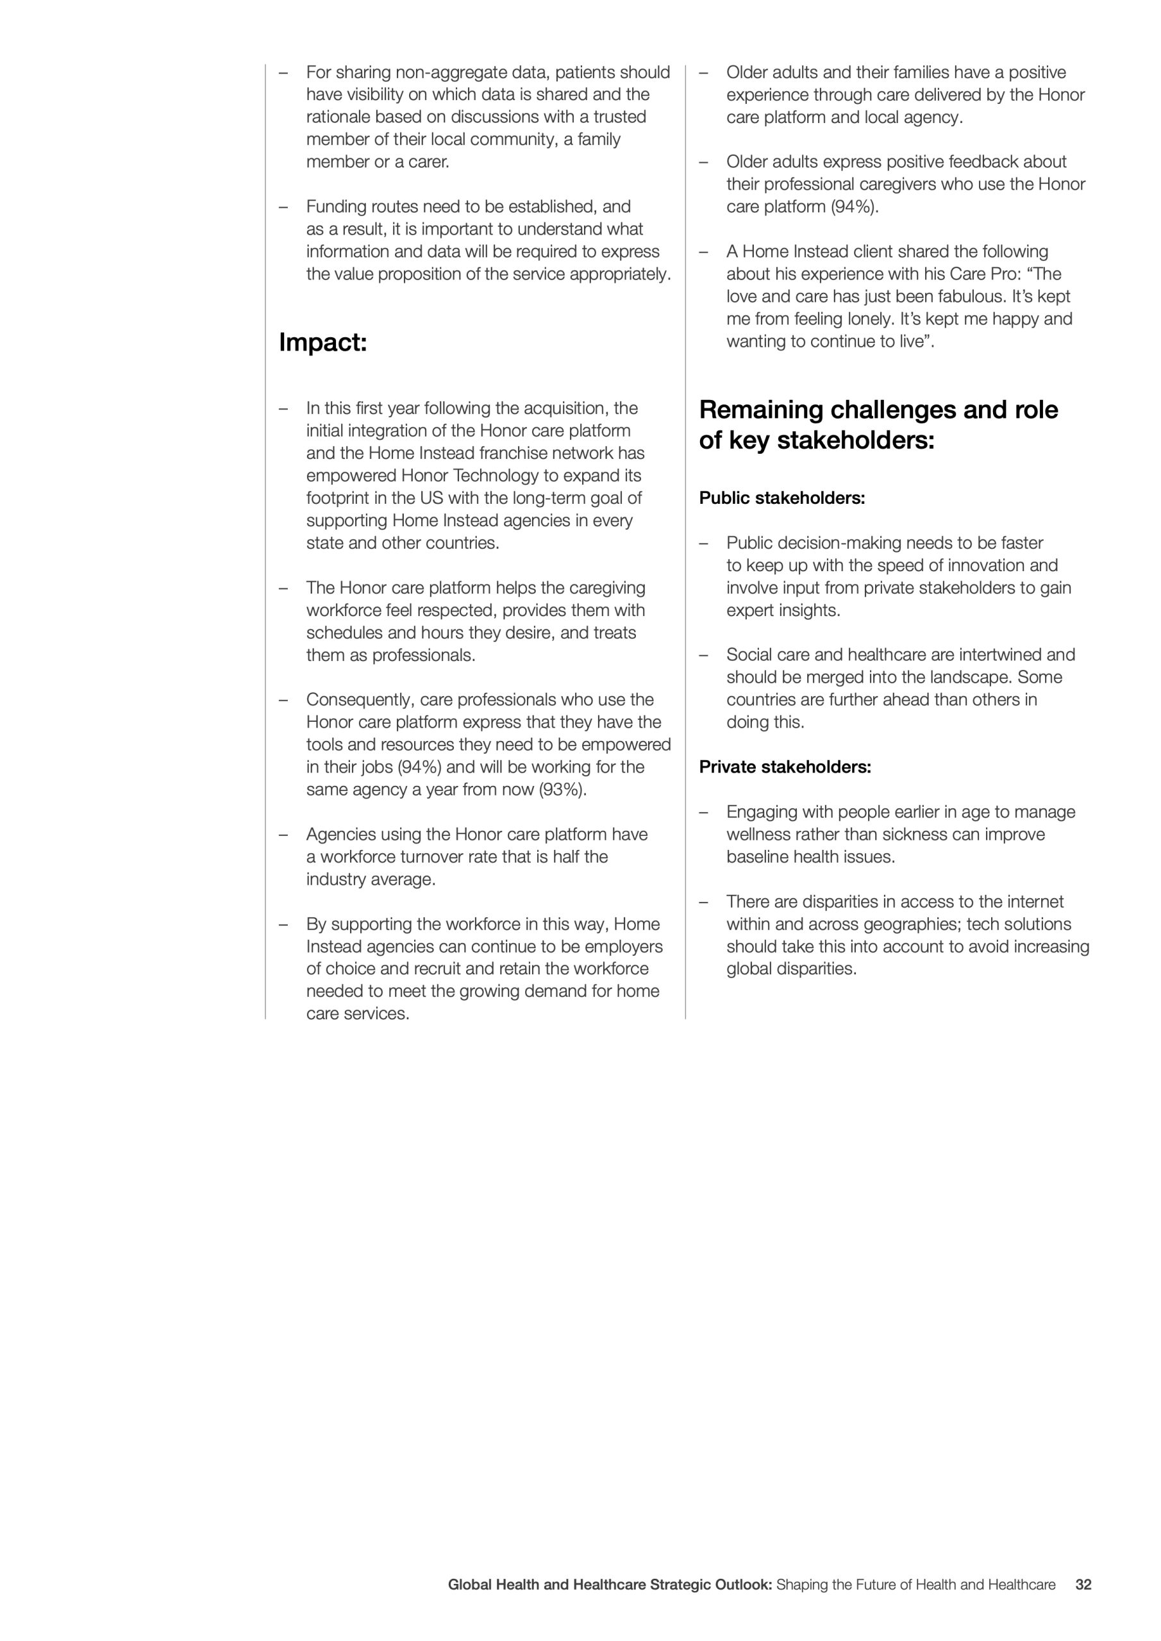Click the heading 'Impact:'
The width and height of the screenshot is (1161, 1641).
pyautogui.click(x=322, y=343)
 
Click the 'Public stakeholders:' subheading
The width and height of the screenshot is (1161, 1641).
pyautogui.click(x=782, y=498)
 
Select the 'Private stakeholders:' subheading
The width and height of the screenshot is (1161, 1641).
pyautogui.click(x=785, y=767)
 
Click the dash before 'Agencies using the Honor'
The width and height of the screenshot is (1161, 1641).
pyautogui.click(x=283, y=835)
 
